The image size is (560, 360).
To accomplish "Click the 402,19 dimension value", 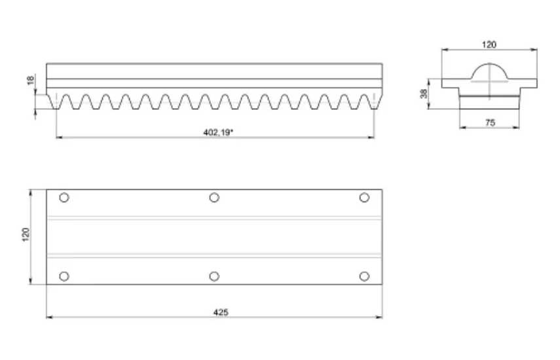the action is (218, 133).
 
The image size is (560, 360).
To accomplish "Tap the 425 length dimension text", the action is (221, 313).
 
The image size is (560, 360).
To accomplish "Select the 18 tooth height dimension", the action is (31, 81).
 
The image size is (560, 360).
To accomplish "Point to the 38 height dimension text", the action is (424, 94).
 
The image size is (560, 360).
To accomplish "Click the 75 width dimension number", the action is (491, 123).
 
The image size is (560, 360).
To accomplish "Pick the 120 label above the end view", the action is (489, 45).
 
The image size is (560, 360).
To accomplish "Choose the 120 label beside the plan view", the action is (26, 235).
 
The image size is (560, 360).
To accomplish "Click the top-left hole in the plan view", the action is (64, 197).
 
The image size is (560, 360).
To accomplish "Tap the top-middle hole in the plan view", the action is (214, 197).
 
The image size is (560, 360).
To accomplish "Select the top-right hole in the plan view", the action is (364, 197).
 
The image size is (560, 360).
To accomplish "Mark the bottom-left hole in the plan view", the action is (64, 276).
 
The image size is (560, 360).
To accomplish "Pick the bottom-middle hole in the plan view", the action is (214, 276).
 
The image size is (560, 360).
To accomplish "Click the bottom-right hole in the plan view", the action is (364, 276).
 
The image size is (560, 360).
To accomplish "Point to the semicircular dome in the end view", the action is (489, 64).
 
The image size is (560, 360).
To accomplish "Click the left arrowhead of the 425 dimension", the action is (49, 317).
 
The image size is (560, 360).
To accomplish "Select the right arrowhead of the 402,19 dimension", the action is (371, 137).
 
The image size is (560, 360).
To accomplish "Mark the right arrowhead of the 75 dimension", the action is (516, 127).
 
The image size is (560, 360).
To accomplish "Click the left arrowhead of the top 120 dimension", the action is (445, 50).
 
